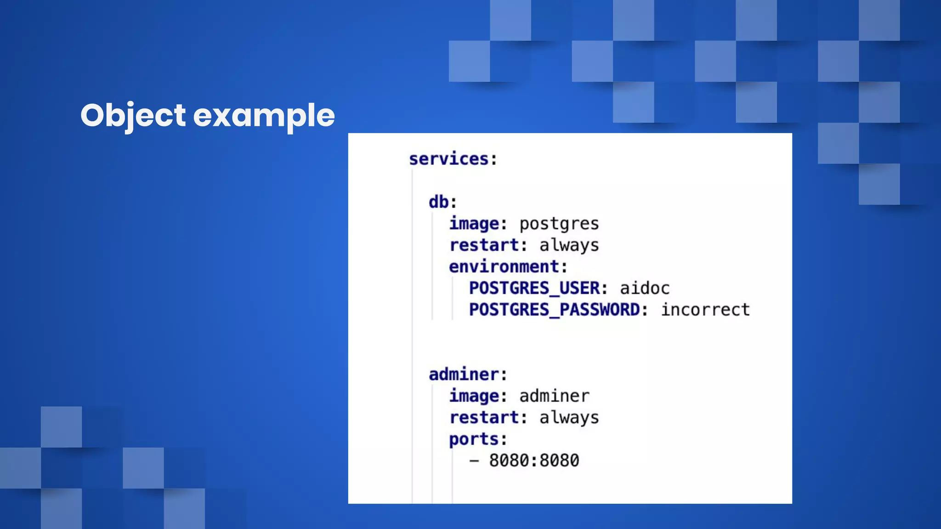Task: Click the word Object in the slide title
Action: point(133,115)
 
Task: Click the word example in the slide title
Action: point(264,115)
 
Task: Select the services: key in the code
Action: point(453,159)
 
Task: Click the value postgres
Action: point(559,224)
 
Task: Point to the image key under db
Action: point(474,224)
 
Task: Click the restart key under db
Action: point(484,245)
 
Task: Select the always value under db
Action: point(569,245)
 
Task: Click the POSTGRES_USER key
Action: point(534,288)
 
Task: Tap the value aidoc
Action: point(645,288)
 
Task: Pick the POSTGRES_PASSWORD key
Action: point(555,310)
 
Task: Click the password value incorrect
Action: point(705,310)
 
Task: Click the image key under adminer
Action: point(474,396)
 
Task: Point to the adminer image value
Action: point(554,396)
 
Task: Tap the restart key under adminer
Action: point(484,417)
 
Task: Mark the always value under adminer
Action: point(569,417)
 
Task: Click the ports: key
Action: point(474,439)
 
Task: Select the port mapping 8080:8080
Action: point(534,461)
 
